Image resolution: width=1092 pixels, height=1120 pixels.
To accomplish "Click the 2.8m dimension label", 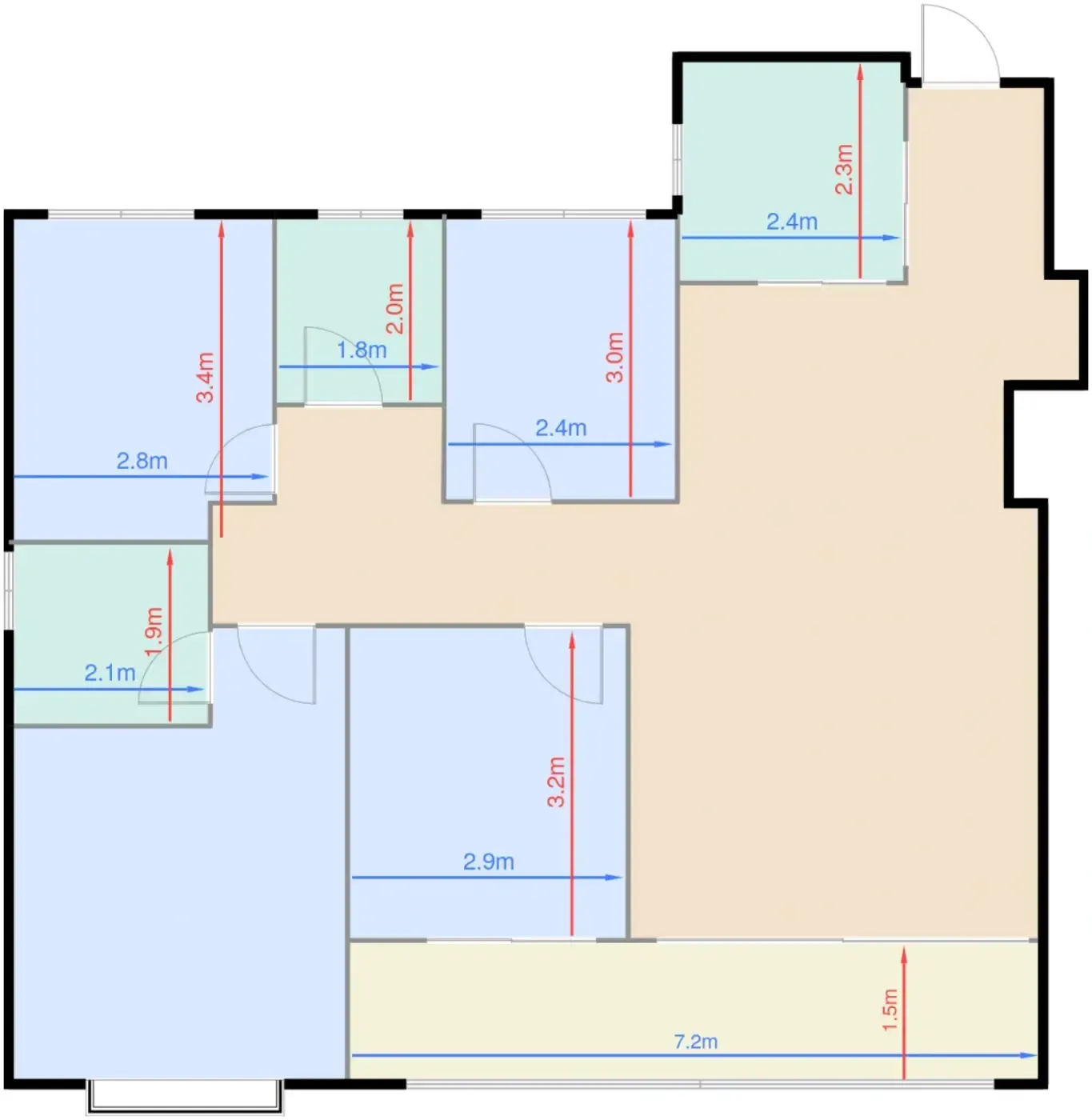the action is pos(142,461).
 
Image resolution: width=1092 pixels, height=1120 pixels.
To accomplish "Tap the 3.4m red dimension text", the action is pos(206,377).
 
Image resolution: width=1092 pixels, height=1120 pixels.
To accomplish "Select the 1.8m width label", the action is pos(362,350).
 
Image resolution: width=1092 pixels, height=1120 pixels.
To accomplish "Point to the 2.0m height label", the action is pos(395,309).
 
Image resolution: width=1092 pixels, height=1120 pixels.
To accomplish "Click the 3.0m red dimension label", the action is pos(614,358).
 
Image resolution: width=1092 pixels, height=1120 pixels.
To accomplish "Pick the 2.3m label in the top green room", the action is pos(844,170).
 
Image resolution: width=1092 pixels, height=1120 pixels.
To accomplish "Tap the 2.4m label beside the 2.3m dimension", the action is pos(792,222).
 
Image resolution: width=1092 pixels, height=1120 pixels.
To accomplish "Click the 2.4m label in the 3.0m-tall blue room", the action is pos(562,428).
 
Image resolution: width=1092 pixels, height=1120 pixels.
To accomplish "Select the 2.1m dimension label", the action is pos(110,673).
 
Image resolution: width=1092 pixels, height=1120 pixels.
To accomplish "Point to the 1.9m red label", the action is pos(154,632).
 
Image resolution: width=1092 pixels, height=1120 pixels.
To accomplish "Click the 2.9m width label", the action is pos(489,862).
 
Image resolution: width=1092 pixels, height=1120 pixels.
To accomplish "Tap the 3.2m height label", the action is pos(556,782).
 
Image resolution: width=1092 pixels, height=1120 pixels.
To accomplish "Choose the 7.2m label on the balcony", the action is pos(695,1042).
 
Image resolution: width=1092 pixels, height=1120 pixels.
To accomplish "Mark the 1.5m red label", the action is pos(890,1010).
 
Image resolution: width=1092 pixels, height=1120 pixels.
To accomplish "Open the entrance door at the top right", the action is pos(960,45).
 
